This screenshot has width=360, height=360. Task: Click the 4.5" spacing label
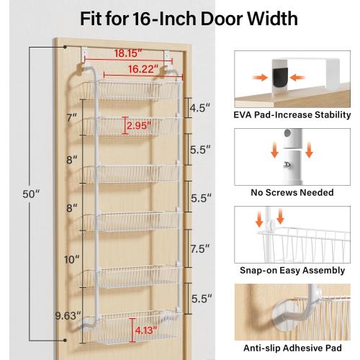(x=201, y=109)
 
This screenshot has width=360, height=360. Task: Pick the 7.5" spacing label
(x=201, y=248)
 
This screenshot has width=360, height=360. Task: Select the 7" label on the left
(x=71, y=117)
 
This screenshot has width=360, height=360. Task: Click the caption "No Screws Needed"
(x=292, y=193)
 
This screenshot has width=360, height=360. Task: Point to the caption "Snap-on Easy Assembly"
(x=292, y=271)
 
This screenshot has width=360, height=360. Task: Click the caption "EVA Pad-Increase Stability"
(x=292, y=114)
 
